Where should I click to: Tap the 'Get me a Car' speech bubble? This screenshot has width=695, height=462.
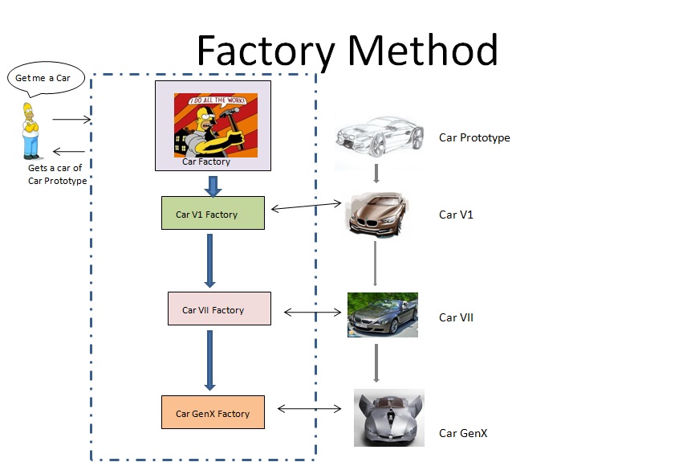point(45,79)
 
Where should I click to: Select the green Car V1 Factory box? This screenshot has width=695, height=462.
point(213,214)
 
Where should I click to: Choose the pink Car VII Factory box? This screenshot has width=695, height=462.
point(219,309)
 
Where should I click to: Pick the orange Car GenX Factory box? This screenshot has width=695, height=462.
point(213,413)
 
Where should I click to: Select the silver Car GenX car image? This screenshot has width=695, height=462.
point(388,417)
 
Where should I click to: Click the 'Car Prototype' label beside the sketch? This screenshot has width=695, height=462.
point(474,137)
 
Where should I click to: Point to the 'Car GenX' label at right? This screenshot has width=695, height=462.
point(463,433)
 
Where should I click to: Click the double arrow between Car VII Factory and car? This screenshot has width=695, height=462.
point(308,312)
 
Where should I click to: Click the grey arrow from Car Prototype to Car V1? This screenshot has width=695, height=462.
point(376,174)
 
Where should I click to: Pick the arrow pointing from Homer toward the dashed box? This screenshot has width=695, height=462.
point(71,121)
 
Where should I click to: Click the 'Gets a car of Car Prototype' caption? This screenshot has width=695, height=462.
point(55,174)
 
